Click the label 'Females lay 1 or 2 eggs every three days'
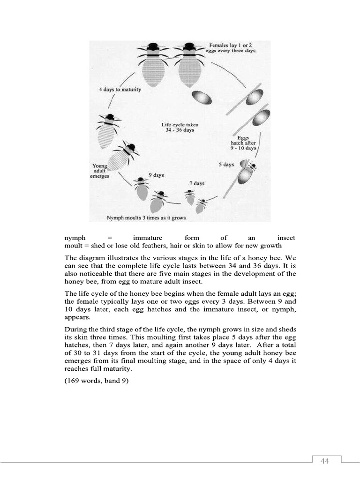click(x=232, y=48)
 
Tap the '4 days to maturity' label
click(x=120, y=90)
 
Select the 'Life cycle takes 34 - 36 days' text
click(x=180, y=127)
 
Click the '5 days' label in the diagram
click(x=226, y=165)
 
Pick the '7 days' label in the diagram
click(x=197, y=183)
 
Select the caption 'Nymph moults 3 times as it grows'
click(x=146, y=218)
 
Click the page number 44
click(x=325, y=461)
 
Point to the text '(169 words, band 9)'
click(x=96, y=381)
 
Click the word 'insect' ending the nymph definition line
click(x=286, y=238)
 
